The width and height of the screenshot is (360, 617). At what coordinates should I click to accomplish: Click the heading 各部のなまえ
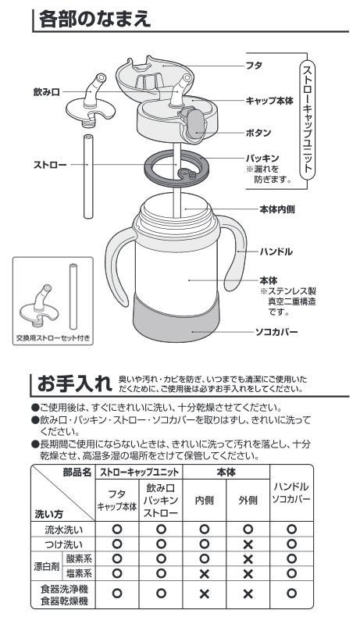[94, 19]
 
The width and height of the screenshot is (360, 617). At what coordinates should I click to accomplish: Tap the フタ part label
[254, 66]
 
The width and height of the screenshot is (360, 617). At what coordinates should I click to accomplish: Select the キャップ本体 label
[269, 101]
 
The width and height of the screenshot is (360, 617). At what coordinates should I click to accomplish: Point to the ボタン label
[258, 133]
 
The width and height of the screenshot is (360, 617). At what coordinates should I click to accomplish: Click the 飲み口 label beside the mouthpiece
[46, 92]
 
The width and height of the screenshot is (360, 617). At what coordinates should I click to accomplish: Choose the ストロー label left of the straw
[50, 165]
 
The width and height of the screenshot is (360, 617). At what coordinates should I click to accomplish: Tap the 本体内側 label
[277, 209]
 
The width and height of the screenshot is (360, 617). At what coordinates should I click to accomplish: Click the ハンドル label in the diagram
[276, 251]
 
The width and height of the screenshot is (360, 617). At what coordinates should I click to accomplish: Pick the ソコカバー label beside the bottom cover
[276, 332]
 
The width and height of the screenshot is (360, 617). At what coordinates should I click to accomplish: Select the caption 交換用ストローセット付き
[53, 337]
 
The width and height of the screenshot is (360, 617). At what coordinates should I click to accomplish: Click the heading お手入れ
[75, 383]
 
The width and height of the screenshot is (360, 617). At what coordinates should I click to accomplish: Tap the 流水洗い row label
[64, 530]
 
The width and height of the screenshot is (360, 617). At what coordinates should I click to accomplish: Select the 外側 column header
[248, 500]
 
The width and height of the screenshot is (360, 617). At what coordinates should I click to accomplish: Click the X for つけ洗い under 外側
[248, 544]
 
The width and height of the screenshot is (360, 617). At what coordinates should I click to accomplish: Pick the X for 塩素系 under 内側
[204, 574]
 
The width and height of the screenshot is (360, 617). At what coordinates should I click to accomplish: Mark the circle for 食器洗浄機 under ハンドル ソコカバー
[291, 594]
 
